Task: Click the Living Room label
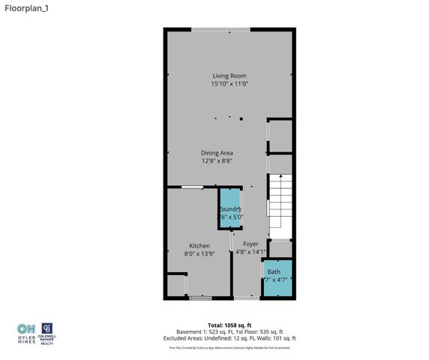point(229,76)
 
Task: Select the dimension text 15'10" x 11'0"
point(229,84)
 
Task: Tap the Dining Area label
point(217,153)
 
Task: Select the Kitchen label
point(199,246)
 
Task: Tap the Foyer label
point(250,244)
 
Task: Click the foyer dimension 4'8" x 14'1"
point(250,252)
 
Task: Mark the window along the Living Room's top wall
point(220,30)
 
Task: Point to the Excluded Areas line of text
point(214,337)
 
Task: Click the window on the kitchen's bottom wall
point(200,298)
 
